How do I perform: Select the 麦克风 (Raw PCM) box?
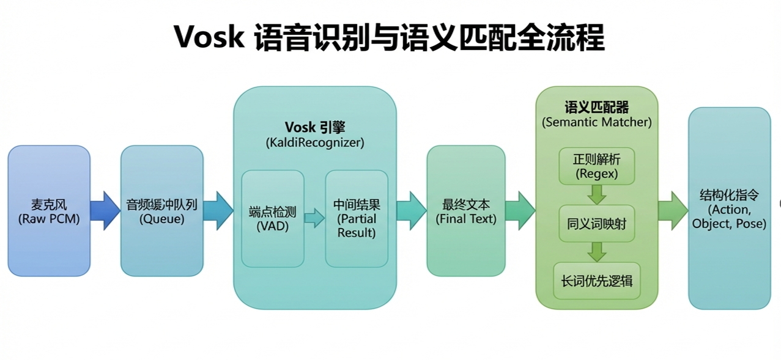tap(49, 210)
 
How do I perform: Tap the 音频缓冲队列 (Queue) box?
tap(161, 210)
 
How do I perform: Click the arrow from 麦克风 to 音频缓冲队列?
tap(105, 210)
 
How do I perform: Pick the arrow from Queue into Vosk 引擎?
tap(218, 210)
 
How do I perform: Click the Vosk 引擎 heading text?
tap(314, 127)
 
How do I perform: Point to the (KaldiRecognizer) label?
tap(314, 143)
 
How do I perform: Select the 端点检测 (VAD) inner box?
tap(273, 218)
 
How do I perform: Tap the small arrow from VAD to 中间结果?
tap(314, 218)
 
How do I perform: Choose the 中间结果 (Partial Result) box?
tap(357, 218)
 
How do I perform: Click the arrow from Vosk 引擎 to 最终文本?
tap(411, 210)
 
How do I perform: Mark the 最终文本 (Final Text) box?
tap(466, 210)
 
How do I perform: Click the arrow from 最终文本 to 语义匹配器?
tap(520, 210)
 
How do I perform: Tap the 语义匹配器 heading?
tap(596, 108)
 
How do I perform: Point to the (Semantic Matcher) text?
tap(596, 122)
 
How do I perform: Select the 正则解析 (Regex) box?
tap(596, 166)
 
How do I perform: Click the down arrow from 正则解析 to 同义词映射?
tap(596, 194)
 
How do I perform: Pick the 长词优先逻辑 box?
tap(596, 281)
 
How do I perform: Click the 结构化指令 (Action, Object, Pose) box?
tap(729, 209)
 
